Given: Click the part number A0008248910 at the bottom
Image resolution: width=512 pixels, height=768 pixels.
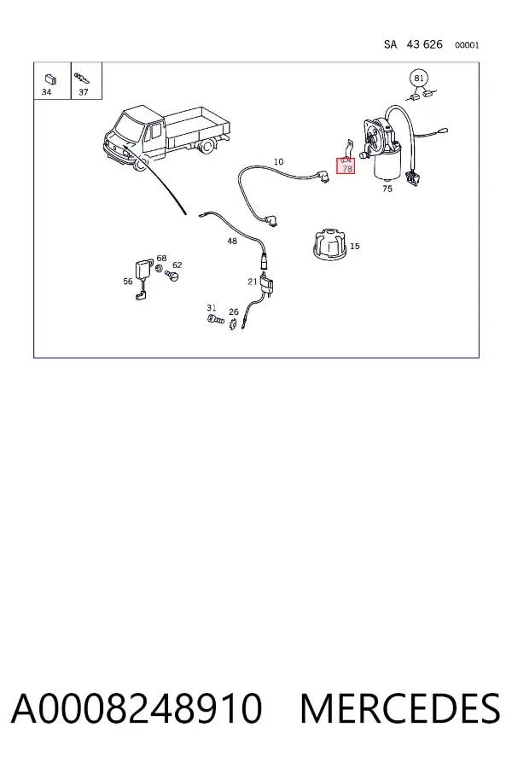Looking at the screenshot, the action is point(137,708).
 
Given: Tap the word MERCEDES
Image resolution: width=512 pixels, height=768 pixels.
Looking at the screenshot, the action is point(400,708).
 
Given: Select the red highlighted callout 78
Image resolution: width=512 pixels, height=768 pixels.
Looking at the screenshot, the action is point(346,166).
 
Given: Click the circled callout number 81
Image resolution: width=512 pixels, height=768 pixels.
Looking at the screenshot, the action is point(418,79).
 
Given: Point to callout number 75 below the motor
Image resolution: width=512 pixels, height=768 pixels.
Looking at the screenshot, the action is point(387,189).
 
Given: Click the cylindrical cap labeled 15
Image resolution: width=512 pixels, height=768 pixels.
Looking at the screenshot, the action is point(329,245).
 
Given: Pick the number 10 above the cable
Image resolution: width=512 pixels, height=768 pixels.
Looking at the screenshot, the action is point(278,161).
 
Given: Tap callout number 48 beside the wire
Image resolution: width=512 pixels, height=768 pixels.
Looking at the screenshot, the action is point(232,241).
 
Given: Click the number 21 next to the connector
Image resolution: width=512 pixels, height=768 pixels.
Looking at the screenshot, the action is point(253,282).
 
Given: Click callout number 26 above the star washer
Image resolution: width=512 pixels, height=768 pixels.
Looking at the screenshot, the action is point(234,311).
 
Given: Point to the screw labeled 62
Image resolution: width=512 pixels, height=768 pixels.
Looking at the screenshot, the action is point(172,276).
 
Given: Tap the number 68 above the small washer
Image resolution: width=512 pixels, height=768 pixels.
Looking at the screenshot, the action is point(161,258).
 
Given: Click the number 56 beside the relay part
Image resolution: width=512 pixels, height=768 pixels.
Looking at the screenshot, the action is point(128,282).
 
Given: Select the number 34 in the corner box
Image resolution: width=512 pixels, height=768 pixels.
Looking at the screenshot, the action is point(47,92).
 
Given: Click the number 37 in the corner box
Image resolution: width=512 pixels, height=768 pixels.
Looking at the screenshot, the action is point(84,92).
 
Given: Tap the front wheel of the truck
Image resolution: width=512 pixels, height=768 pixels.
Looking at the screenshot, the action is point(140,164).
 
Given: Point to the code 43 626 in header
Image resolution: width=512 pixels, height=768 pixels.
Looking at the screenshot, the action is point(424,44).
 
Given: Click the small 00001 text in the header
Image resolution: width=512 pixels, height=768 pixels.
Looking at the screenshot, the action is point(467,45).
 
